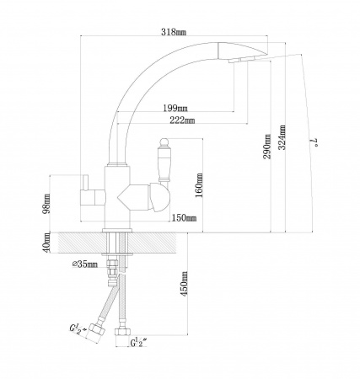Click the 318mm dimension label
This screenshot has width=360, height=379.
coord(174,32)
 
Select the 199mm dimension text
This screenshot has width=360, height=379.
coord(175,108)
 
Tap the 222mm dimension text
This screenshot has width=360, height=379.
coord(182,120)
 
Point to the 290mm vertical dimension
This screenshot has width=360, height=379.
coord(267,147)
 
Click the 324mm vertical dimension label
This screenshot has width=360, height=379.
coord(282,137)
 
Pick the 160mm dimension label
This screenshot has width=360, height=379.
coord(199,185)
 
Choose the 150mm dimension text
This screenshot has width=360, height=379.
coord(184,217)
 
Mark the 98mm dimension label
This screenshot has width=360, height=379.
coord(46,203)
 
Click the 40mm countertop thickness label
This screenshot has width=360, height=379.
coord(46,242)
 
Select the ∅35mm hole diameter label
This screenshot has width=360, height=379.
coord(85,264)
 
